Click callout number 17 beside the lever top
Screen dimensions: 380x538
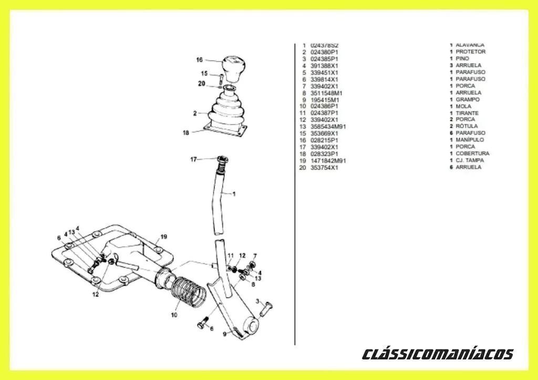193,159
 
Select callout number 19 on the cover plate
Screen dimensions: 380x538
163,237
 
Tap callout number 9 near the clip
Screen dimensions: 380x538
224,334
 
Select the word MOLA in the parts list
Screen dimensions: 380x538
463,106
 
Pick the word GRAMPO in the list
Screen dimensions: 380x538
467,99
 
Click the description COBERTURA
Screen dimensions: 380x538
472,153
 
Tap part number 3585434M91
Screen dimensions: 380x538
328,127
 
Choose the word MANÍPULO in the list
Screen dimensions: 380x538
470,140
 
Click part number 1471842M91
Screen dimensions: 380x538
328,160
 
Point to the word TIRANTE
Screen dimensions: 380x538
467,113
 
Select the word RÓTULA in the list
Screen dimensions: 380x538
466,127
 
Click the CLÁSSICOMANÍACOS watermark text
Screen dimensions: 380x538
438,354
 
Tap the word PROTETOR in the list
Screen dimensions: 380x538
470,52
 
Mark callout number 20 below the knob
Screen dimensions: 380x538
202,83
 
